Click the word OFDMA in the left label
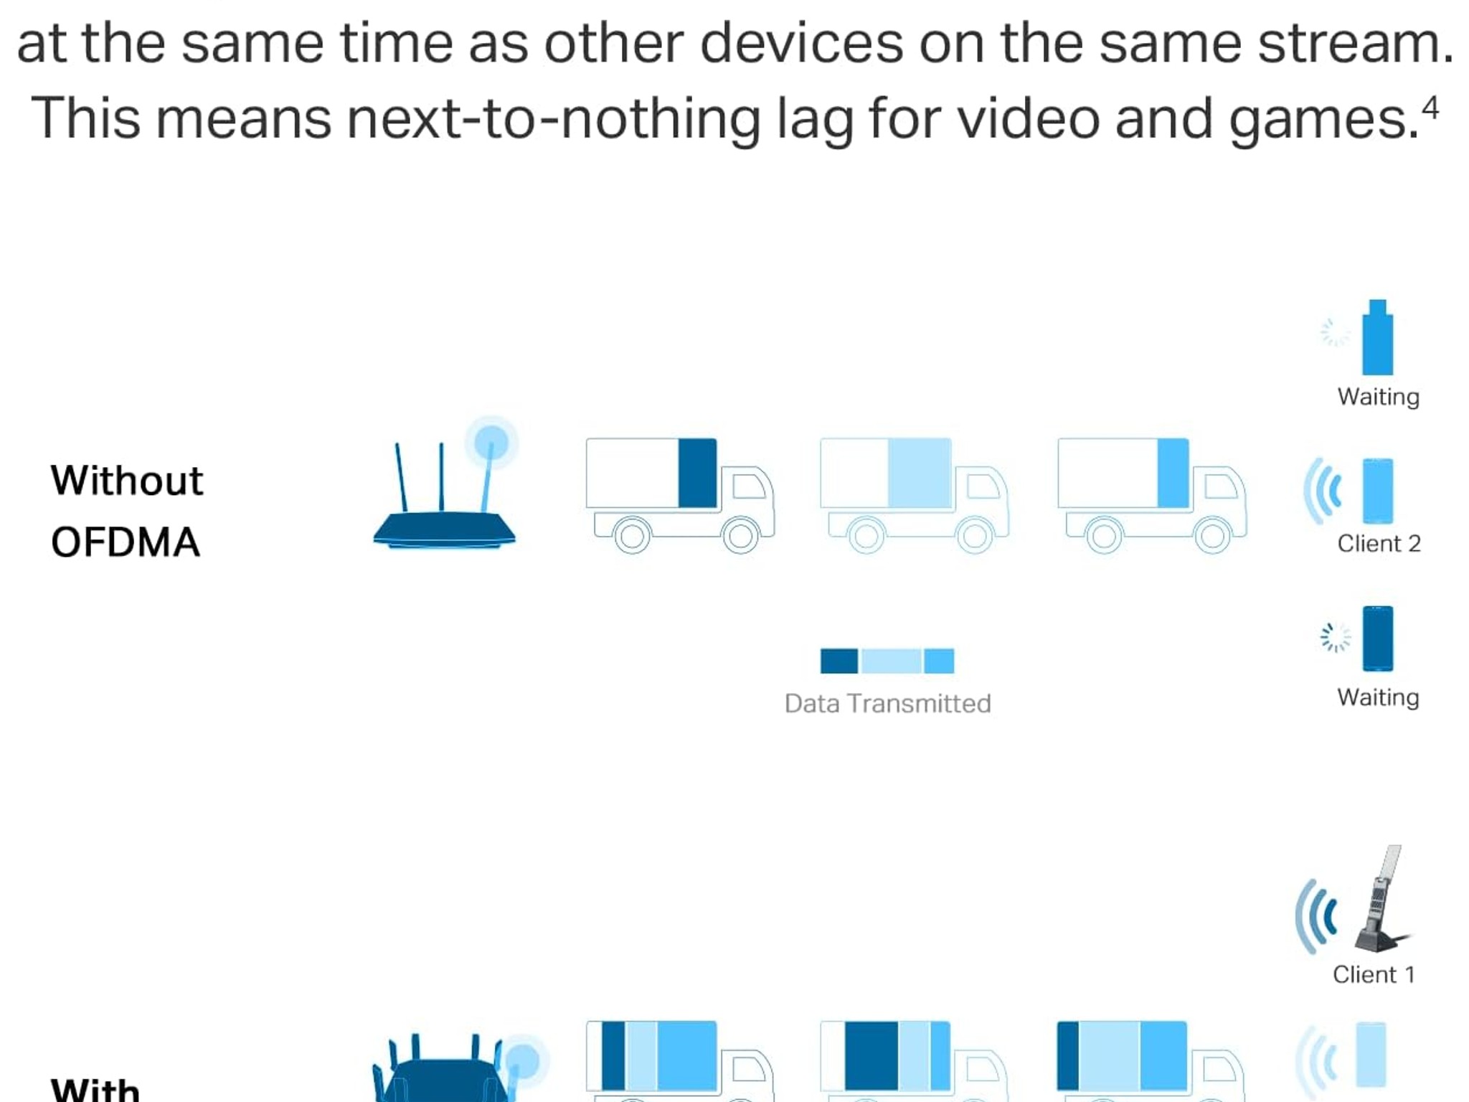coord(126,542)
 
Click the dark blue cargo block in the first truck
coord(697,473)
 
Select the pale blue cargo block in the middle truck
coord(920,473)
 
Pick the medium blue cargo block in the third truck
coord(1173,473)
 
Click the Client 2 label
coord(1379,544)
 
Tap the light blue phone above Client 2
coord(1378,491)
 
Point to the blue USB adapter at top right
coord(1378,337)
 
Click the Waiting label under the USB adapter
coord(1378,397)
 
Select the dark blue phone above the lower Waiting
coord(1378,639)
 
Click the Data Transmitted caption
coord(888,704)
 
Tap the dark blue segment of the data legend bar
coord(839,661)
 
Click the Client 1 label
coord(1374,974)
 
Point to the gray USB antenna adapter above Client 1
coord(1381,900)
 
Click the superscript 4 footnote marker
coord(1430,108)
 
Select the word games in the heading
coord(1323,121)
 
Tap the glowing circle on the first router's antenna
coord(491,441)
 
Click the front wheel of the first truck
coord(740,535)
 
